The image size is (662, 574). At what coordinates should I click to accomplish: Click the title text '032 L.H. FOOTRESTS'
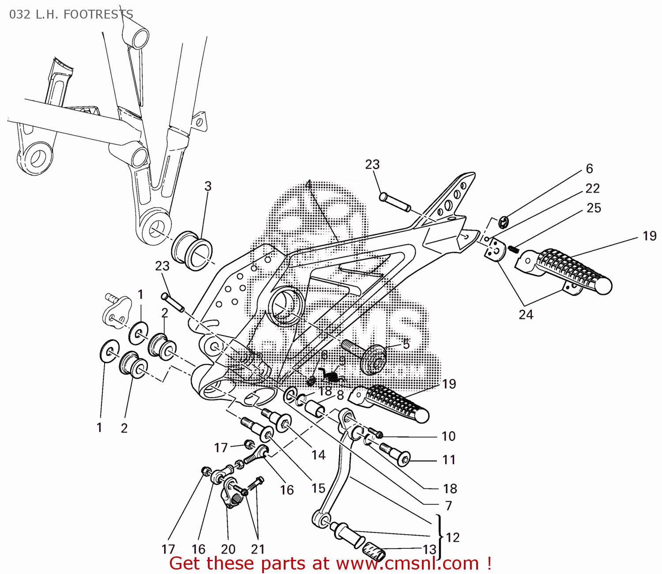[71, 14]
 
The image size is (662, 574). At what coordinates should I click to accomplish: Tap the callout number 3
[208, 186]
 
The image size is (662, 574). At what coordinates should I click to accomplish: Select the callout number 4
[308, 185]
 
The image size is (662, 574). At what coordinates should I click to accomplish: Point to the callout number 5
[406, 344]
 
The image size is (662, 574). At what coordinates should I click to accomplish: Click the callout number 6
[589, 169]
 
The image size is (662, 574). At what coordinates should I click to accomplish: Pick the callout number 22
[592, 189]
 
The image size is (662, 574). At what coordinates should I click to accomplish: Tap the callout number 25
[594, 208]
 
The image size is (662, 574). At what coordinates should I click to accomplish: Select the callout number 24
[526, 315]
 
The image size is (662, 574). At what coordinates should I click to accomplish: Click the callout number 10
[448, 436]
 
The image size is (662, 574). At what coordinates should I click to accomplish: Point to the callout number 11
[449, 460]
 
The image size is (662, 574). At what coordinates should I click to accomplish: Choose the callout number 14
[318, 455]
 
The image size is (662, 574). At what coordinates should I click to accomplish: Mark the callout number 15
[318, 488]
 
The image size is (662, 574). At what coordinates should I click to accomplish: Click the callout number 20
[228, 549]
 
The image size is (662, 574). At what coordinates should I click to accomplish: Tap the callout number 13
[429, 550]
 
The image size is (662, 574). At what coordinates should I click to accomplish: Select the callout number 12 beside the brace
[453, 537]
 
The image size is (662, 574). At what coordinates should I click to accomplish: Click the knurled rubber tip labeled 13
[374, 552]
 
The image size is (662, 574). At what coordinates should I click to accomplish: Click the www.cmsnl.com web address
[407, 564]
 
